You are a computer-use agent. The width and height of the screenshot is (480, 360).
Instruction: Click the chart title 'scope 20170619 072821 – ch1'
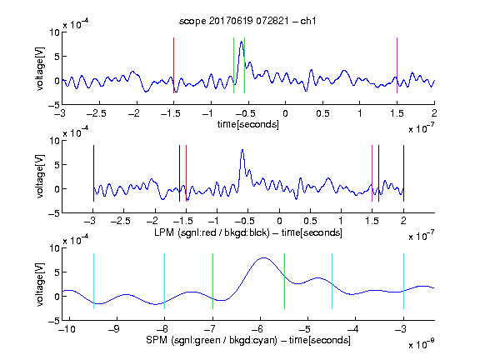(247, 21)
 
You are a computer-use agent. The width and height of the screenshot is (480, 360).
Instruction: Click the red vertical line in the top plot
(173, 65)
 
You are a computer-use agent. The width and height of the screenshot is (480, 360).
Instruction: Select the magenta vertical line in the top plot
(397, 65)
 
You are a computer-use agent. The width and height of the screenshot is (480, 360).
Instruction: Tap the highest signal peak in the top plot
(242, 42)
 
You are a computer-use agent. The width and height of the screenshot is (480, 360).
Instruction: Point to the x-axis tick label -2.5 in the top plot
(97, 113)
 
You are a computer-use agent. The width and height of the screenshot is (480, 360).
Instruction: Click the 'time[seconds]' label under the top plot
(248, 124)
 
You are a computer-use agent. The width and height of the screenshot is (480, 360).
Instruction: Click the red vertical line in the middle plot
(186, 173)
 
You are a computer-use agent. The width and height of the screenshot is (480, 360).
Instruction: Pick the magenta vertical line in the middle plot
(372, 173)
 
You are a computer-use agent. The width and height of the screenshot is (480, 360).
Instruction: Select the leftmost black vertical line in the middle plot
(93, 173)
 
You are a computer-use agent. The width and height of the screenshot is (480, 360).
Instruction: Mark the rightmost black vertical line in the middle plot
(403, 173)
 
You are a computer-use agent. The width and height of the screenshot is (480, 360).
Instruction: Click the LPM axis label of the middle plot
(248, 232)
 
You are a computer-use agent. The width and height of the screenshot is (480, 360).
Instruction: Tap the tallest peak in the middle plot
(242, 150)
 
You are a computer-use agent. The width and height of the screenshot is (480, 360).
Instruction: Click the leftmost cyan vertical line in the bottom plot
(93, 281)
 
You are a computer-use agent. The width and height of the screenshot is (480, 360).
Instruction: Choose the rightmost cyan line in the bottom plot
(403, 281)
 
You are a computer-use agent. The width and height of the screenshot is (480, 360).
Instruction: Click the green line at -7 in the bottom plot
(212, 281)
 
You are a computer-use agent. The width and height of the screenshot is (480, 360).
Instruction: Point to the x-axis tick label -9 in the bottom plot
(114, 329)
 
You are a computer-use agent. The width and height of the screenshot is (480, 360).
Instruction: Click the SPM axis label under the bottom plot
(248, 340)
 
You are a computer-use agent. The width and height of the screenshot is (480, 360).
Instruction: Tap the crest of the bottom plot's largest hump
(263, 258)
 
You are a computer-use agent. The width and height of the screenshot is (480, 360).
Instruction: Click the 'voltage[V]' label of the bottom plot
(40, 284)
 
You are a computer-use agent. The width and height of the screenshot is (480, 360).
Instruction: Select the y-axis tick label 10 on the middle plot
(55, 141)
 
